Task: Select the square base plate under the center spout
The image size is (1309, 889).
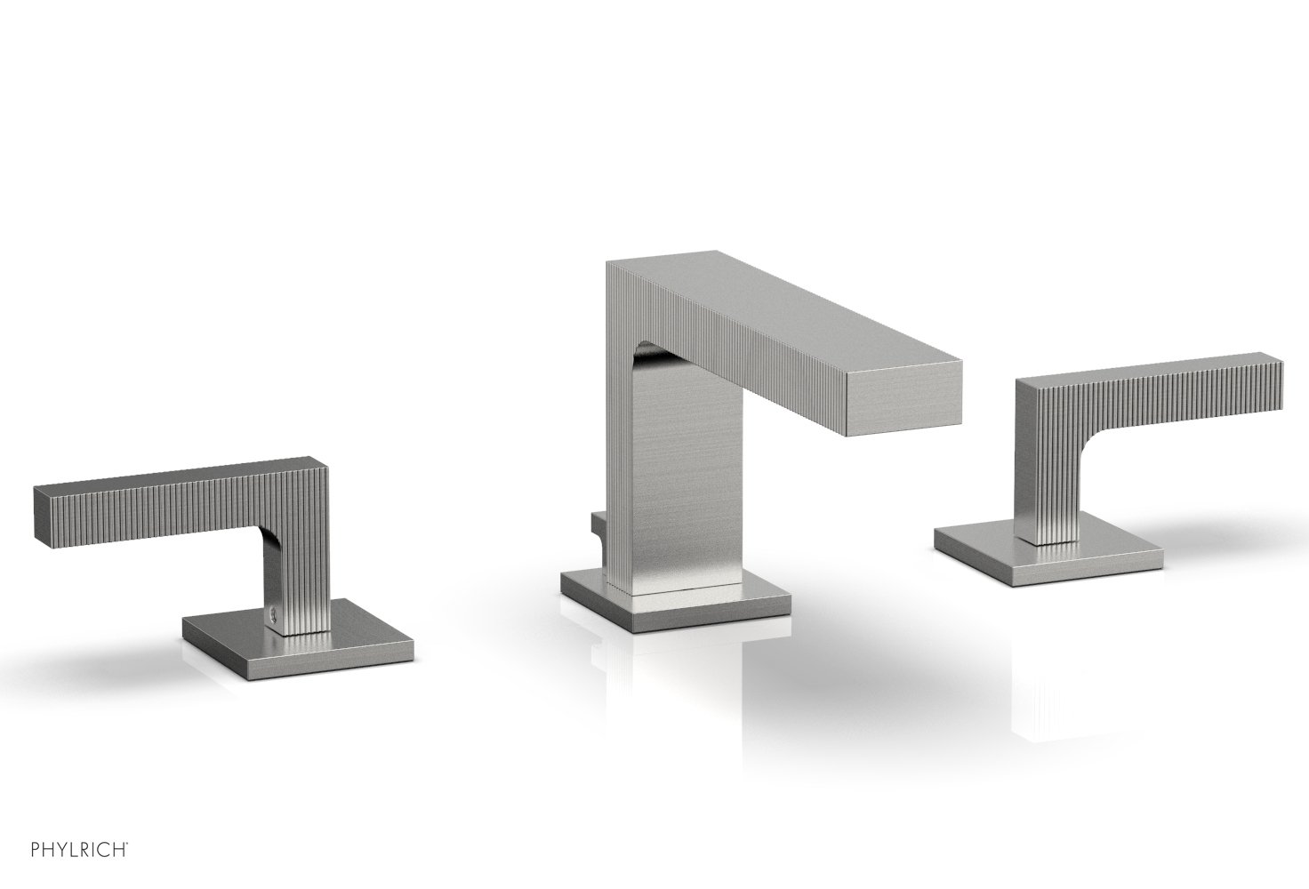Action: (x=676, y=602)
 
